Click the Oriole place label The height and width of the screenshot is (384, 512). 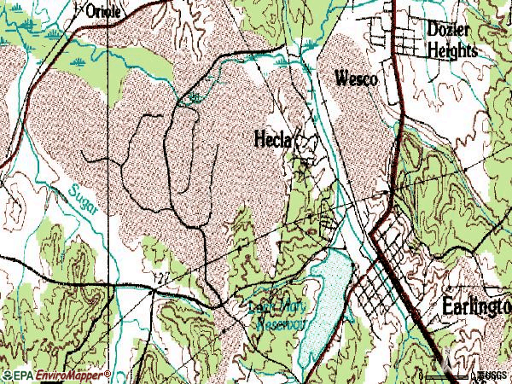(104, 11)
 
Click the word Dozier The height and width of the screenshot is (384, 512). (447, 31)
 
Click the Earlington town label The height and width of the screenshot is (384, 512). (475, 306)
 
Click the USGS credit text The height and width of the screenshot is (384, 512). (492, 375)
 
